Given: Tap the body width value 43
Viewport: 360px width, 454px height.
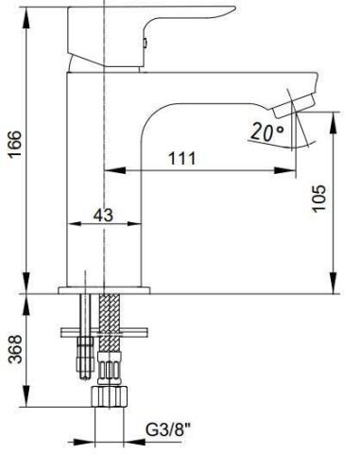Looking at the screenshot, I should [103, 215].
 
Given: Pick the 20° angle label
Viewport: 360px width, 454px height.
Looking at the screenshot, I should [267, 131].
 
